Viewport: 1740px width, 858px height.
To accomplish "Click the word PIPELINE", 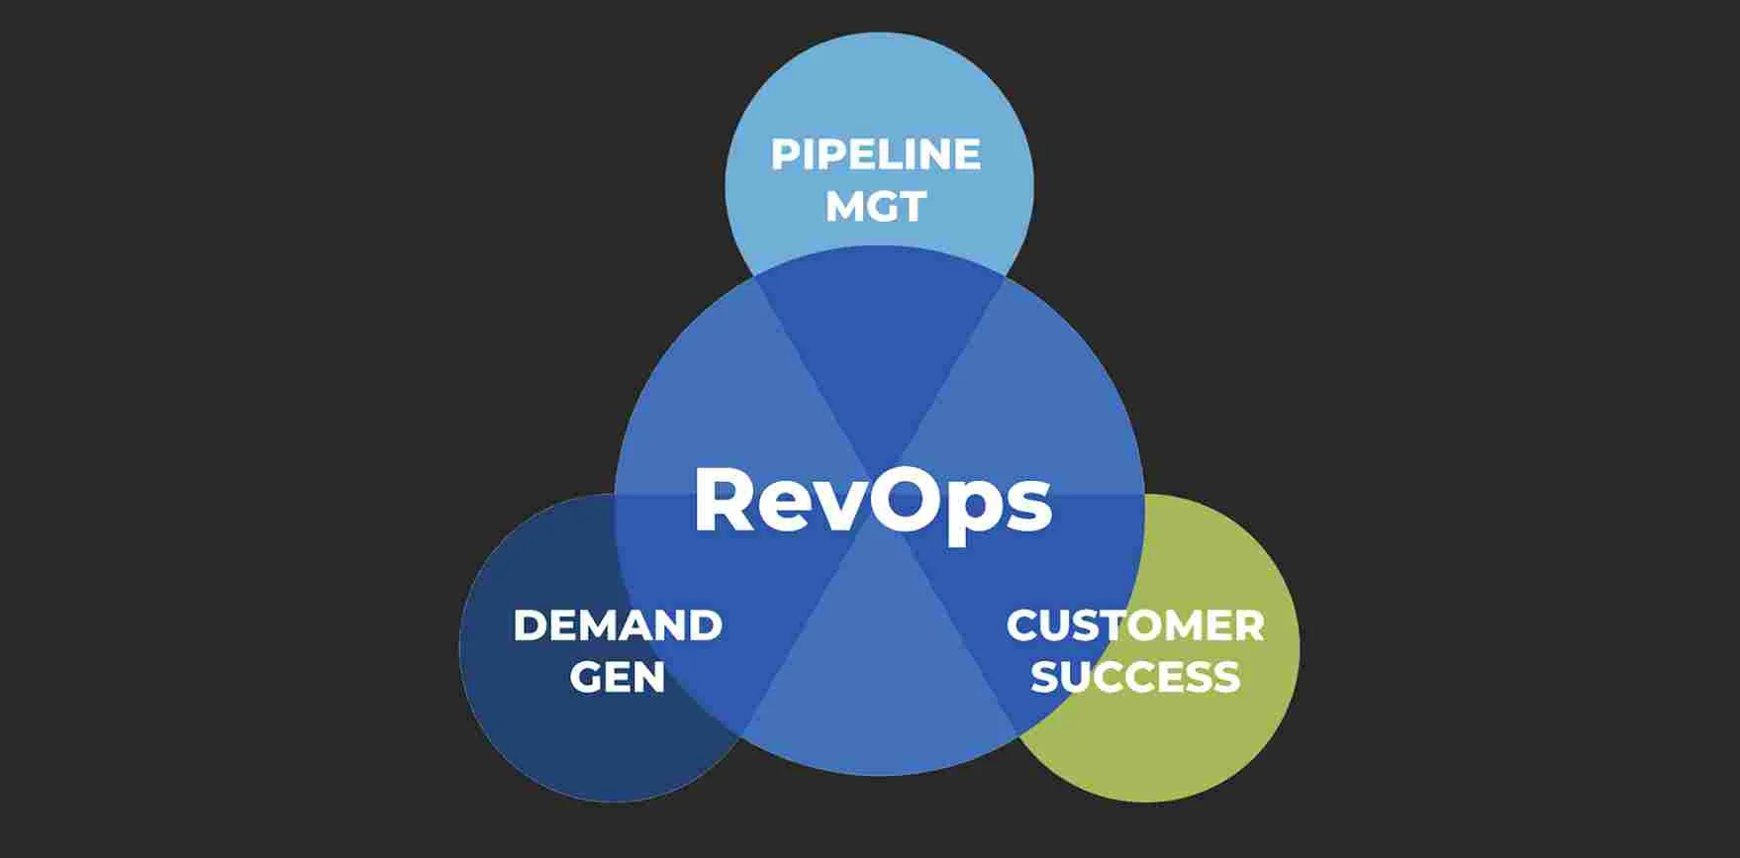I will click(875, 154).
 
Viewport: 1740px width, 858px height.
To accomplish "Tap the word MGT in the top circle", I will click(875, 207).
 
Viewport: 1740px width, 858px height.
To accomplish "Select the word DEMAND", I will click(618, 625).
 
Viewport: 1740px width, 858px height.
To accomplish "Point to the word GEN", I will click(617, 678).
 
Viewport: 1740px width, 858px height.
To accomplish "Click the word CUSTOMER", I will click(1135, 625).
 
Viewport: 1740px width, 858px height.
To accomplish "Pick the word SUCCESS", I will click(1135, 678).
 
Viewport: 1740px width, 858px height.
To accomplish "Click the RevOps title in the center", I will click(872, 501).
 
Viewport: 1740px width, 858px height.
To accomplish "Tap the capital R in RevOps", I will click(725, 500).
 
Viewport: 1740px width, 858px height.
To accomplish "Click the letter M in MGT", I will click(843, 207).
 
